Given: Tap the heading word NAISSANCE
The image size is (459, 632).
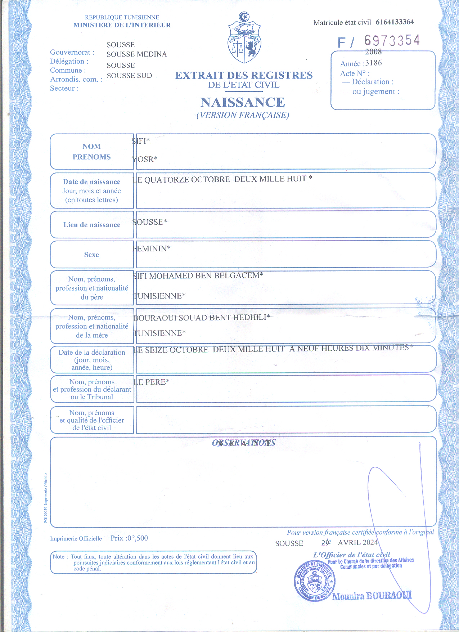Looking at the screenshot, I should point(243,103).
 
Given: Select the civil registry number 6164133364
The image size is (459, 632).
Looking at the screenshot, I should point(395,22).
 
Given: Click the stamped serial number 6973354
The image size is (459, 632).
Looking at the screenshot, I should point(392,41).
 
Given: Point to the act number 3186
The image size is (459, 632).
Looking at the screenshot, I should point(373,63).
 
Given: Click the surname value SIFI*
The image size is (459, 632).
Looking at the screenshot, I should point(141,141).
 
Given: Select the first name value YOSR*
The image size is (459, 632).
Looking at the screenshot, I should point(145,159).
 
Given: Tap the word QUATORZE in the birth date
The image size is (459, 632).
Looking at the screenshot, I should point(166,180).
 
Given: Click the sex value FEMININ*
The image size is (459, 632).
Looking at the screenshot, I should point(152,249).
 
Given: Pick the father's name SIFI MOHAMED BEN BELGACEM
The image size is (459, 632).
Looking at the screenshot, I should point(198,276).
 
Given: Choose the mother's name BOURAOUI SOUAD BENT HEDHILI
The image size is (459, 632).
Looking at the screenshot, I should point(202,318).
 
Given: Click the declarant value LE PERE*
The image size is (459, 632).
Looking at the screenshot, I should point(152,382).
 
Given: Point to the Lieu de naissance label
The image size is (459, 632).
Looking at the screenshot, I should point(92,225).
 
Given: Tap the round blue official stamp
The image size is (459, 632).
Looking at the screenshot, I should point(315,581).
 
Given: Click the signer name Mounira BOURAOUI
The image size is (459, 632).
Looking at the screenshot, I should point(372,596).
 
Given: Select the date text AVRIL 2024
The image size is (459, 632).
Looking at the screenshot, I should point(357,543).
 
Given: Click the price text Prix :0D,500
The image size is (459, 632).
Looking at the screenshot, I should point(129,538).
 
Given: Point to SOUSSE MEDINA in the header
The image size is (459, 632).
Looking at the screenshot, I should point(137,54).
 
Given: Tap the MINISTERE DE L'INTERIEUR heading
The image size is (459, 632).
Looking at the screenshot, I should point(122,25).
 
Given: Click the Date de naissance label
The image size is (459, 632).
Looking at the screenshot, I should point(91,182).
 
